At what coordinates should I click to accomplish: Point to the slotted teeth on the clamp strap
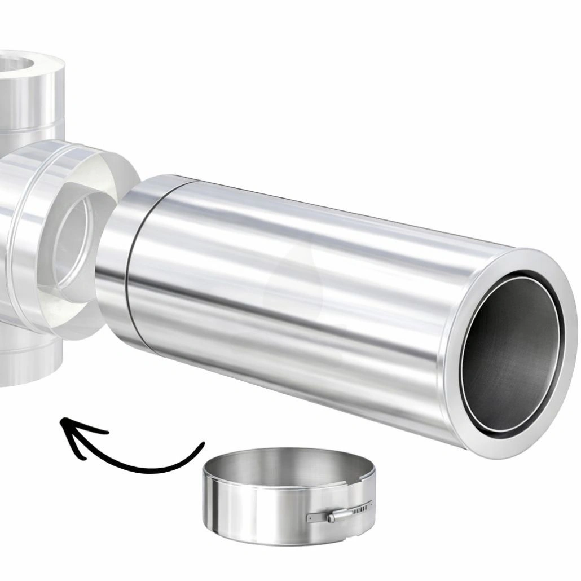[358, 510]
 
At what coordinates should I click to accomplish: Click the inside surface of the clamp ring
[282, 463]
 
